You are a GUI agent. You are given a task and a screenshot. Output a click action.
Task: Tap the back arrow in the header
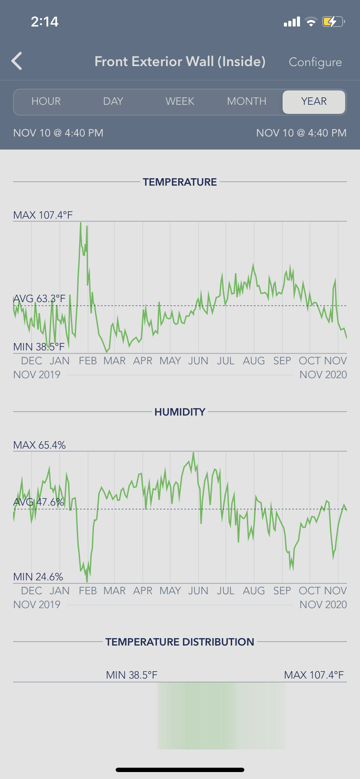click(17, 61)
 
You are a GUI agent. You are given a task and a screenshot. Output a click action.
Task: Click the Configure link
click(315, 62)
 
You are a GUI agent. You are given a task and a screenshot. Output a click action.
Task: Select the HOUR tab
click(46, 101)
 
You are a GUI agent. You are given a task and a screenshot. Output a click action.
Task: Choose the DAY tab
click(113, 101)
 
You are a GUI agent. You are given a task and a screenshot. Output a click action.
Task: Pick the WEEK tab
click(180, 101)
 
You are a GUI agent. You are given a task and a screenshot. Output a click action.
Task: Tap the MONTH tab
click(247, 101)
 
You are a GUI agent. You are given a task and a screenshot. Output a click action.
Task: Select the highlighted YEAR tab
click(314, 101)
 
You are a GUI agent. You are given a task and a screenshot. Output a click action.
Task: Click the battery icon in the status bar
click(333, 22)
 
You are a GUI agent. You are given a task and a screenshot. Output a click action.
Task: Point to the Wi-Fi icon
click(311, 22)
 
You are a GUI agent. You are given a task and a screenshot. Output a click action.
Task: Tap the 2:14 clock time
click(45, 22)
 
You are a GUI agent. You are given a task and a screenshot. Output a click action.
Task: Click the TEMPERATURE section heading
click(180, 182)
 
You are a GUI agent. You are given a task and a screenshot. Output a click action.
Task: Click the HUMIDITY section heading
click(180, 412)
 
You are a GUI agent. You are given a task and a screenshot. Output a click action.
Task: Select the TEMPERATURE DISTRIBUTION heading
click(180, 642)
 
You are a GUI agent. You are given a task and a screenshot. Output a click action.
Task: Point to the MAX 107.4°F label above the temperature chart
click(43, 215)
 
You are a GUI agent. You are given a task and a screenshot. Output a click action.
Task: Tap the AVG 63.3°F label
click(40, 299)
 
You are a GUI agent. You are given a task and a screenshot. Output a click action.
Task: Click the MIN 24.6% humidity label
click(38, 577)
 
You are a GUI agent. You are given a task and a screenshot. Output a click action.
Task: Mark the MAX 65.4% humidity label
click(40, 445)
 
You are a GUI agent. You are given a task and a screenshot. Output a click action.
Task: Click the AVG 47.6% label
click(39, 502)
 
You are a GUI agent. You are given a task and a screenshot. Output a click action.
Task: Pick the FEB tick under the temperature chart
click(88, 361)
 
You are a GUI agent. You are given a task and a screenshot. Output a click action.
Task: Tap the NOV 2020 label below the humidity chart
click(323, 605)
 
